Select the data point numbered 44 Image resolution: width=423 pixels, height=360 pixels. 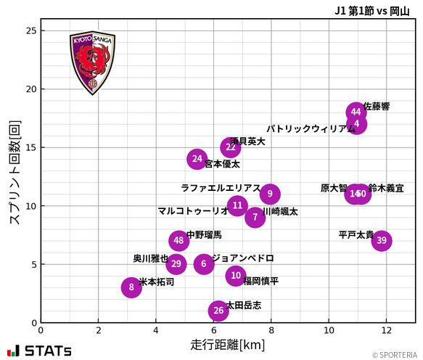356,112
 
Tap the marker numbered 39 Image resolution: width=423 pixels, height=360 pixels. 382,241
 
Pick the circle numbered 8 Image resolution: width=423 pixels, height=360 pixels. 131,287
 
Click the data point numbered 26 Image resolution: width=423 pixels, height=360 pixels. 218,311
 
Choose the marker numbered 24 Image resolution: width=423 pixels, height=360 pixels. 197,158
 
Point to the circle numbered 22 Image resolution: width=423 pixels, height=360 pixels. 231,147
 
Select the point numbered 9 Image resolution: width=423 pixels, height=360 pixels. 270,194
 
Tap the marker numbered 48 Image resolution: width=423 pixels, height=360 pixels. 179,241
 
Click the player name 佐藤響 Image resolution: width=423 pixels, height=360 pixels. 377,106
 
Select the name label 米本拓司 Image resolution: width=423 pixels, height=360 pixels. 157,282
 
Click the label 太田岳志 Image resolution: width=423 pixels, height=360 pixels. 244,305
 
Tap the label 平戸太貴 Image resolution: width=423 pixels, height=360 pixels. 356,234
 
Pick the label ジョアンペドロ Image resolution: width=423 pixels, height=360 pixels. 243,258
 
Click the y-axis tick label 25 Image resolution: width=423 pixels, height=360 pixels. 30,31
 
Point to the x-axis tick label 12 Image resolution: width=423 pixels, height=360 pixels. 386,330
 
